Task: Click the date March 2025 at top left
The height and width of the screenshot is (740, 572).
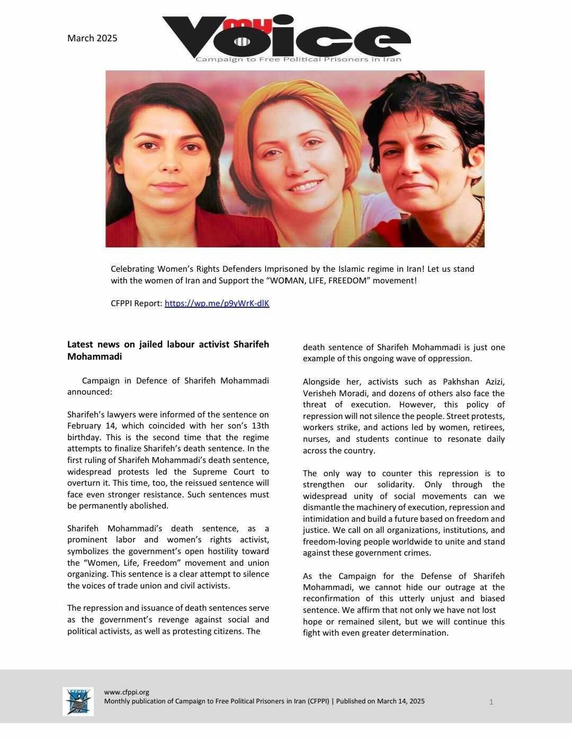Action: [x=92, y=38]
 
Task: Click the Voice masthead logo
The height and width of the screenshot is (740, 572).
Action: [x=286, y=37]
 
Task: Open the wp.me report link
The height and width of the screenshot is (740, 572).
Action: [x=217, y=304]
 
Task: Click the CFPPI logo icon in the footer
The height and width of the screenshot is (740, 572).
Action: [x=78, y=701]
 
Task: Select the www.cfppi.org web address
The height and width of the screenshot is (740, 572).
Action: [x=127, y=692]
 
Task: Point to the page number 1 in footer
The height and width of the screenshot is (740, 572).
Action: [x=491, y=702]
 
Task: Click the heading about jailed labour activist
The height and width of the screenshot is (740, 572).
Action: [x=168, y=350]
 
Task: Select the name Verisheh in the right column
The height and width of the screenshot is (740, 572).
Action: [x=319, y=394]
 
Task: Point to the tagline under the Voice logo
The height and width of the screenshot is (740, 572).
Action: [x=298, y=59]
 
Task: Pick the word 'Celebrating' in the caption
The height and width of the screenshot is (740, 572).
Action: [x=132, y=269]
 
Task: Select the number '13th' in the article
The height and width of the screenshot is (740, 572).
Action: [x=259, y=426]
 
